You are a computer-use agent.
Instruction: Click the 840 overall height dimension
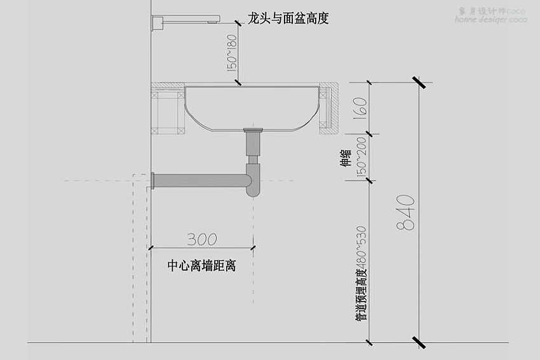point(408,211)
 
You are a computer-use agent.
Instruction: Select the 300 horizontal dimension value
point(202,239)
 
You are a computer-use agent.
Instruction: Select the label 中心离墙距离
point(201,266)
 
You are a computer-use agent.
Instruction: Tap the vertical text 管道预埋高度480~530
point(361,273)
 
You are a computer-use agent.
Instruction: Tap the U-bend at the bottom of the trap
point(253,187)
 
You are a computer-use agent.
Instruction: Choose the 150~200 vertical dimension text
point(361,158)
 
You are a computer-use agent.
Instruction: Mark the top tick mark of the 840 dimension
point(419,83)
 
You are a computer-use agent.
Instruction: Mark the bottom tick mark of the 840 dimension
point(419,342)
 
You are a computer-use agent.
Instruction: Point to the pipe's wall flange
point(153,180)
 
